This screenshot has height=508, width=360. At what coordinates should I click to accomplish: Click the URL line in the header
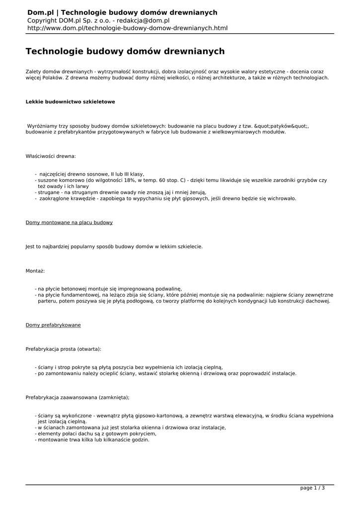[127, 28]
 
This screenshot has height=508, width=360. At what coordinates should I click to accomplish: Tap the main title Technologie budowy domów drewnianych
[125, 52]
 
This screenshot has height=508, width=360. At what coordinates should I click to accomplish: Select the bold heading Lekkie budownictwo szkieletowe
[70, 102]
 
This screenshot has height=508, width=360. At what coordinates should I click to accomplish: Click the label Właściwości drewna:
[51, 156]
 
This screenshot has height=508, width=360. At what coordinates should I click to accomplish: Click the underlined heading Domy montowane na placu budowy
[69, 223]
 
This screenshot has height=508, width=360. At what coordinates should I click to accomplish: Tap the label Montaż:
[35, 271]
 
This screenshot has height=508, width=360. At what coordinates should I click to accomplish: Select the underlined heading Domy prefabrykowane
[53, 325]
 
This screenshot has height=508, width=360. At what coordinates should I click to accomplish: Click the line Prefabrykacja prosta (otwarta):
[63, 349]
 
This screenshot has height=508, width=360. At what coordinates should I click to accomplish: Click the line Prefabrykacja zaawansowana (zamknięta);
[77, 397]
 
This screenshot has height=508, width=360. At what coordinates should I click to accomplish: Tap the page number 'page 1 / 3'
[312, 488]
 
